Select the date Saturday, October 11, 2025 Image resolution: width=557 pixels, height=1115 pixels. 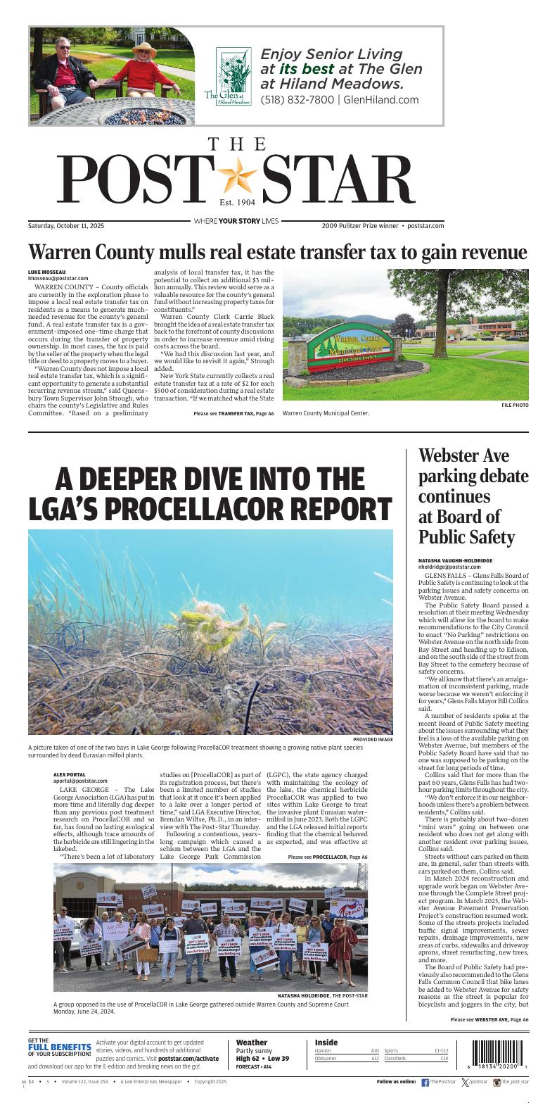click(66, 226)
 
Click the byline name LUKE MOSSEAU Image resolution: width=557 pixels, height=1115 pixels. click(46, 272)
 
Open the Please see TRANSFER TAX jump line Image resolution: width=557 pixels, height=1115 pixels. click(233, 413)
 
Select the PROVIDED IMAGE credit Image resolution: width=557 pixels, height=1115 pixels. click(373, 739)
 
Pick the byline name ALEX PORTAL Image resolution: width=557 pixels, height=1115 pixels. click(70, 774)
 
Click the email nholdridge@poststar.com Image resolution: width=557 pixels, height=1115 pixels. click(449, 566)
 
